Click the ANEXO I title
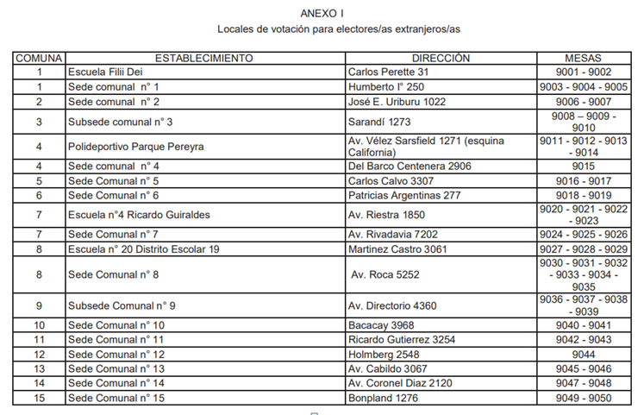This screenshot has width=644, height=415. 322,13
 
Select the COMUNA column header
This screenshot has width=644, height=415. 39,59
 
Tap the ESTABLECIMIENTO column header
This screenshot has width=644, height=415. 203,59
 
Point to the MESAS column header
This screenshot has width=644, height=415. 583,59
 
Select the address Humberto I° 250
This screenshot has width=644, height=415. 386,87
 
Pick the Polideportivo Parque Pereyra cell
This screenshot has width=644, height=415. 135,147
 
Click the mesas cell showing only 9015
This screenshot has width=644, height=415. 583,166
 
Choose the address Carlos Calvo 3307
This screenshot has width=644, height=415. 391,181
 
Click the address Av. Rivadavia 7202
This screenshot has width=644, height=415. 392,234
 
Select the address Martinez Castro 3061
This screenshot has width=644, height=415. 397,248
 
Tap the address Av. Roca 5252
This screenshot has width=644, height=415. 385,274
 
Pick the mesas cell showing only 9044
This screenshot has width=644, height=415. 583,354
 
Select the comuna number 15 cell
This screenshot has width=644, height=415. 39,398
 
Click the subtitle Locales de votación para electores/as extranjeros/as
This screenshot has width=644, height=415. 322,29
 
